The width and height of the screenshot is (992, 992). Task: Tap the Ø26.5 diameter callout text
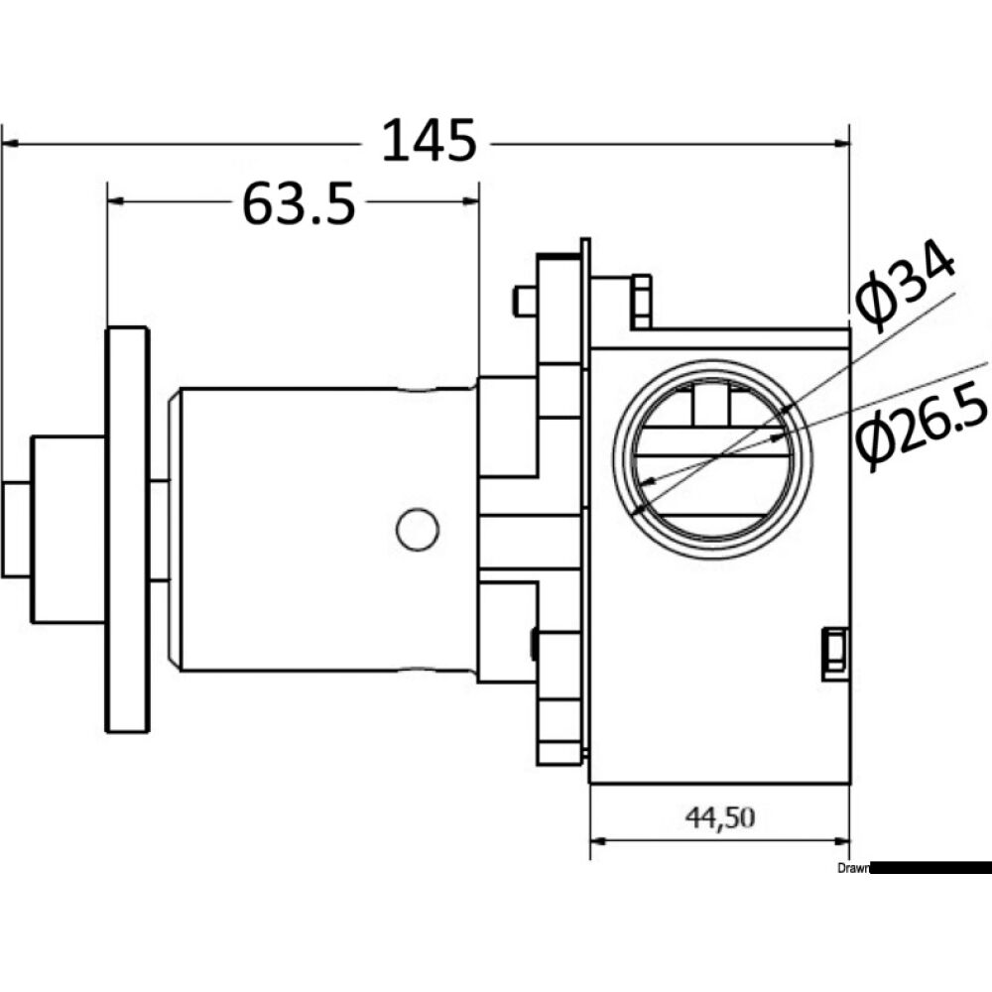[922, 428]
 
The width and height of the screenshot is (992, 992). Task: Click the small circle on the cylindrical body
[418, 530]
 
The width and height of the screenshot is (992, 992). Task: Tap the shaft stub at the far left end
[16, 529]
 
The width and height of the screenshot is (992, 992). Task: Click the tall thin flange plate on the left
[127, 530]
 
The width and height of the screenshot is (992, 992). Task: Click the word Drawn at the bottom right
[852, 868]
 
